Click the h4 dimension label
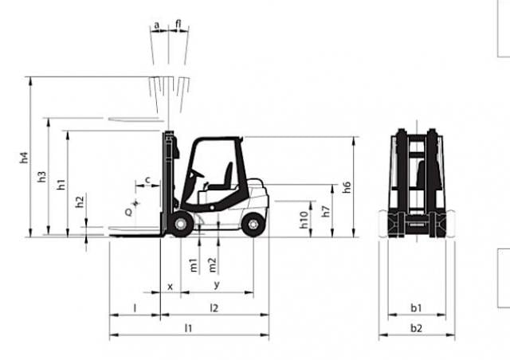coord(25,158)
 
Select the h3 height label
coord(42,177)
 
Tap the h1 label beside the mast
coord(61,185)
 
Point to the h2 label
coord(80,202)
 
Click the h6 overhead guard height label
coord(347,187)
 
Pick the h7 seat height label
coord(326,211)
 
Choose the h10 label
coord(304,220)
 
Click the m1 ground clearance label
coord(193,265)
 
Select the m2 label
coord(212,264)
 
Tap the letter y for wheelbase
coord(217,285)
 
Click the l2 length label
coord(214,307)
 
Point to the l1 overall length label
coord(188,328)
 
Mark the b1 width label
coord(416,307)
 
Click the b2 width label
coord(416,328)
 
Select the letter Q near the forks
coord(129,213)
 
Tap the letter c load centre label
coord(147,180)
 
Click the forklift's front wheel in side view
coord(180,224)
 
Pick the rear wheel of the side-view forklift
coord(253,225)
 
